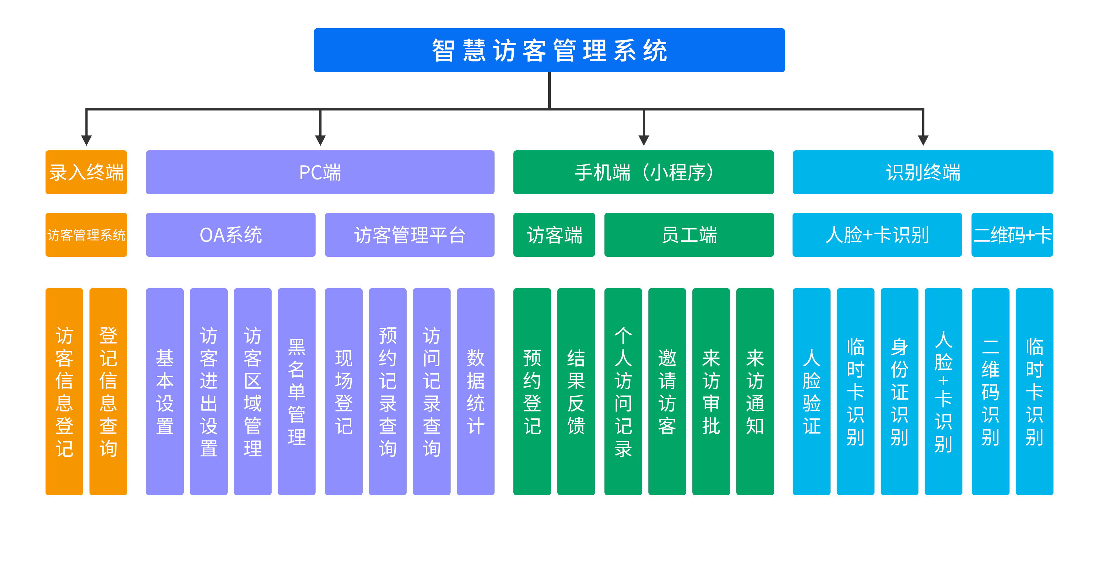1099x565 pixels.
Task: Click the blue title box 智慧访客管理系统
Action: pos(549,50)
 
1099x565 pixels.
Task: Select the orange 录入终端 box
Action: pos(86,172)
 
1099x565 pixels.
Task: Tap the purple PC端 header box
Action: pos(320,172)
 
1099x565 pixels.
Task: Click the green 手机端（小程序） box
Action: pos(643,172)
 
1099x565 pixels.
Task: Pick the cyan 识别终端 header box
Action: pos(923,172)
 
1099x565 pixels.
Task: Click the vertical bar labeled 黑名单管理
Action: pos(296,391)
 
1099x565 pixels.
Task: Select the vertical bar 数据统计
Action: pos(476,391)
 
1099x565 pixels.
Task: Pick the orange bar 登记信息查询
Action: pos(108,391)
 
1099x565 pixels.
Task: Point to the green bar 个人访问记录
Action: pos(623,391)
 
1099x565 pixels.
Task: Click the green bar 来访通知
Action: pos(755,391)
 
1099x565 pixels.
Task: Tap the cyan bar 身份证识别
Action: pos(899,391)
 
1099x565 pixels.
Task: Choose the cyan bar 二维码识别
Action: pos(991,391)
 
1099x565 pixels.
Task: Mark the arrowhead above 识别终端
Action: pos(923,140)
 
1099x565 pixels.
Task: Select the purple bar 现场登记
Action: pos(344,391)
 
